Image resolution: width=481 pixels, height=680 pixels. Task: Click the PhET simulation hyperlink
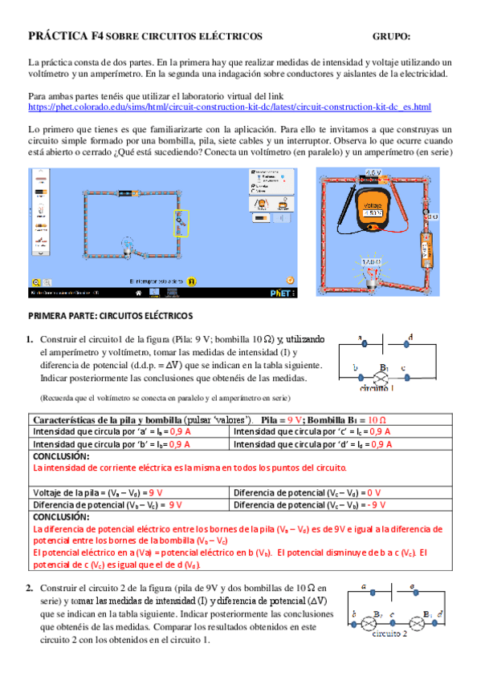[x=229, y=107]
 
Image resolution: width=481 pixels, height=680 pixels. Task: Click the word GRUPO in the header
[x=391, y=36]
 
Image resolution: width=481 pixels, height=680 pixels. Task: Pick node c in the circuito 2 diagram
[x=391, y=616]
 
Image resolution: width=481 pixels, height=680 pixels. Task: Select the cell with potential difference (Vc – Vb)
[x=309, y=505]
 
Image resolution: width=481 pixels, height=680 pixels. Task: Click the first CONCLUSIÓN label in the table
[x=61, y=455]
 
